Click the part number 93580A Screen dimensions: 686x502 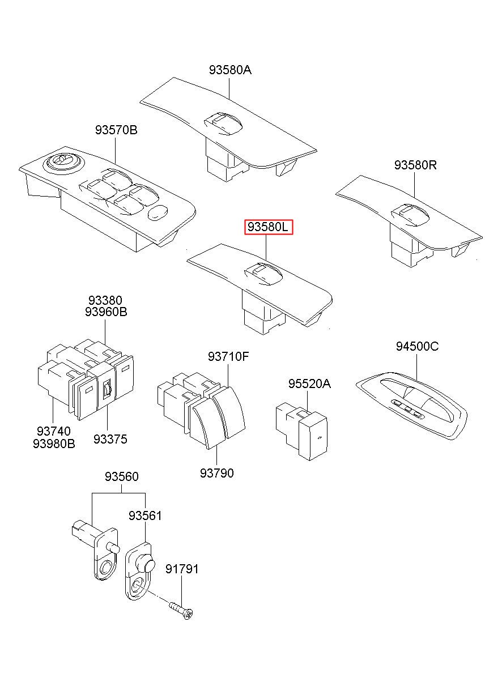(229, 70)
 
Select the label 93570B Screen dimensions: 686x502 (116, 130)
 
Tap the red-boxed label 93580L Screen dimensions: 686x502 (268, 228)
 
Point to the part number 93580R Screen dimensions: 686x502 (415, 165)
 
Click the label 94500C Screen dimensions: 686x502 (417, 347)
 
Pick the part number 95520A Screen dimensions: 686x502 (309, 384)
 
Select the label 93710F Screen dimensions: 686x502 (228, 356)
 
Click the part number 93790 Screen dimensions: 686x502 (216, 472)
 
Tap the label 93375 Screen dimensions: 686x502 (110, 439)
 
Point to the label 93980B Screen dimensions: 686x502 (54, 444)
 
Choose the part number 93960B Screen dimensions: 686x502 (106, 312)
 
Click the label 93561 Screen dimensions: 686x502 (145, 515)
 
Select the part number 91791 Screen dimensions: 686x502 (182, 569)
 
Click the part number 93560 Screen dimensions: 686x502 (121, 478)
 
